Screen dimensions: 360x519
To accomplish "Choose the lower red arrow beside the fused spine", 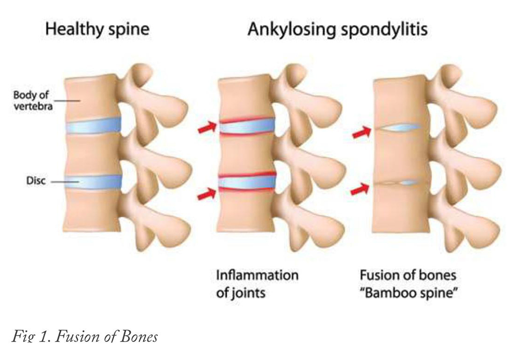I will click(360, 189).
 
